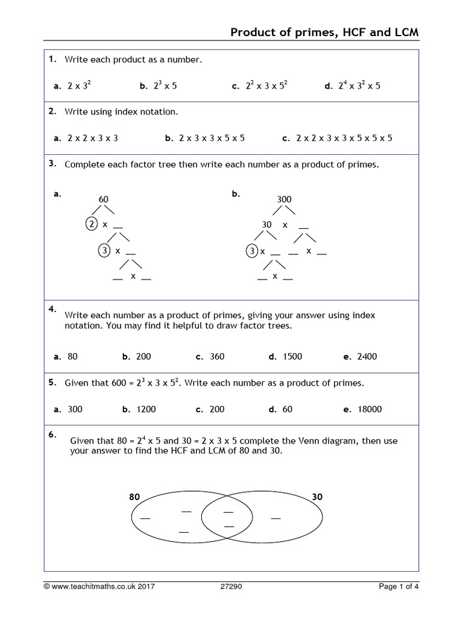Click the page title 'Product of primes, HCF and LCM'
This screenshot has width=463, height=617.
[325, 33]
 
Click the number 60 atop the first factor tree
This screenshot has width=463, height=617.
[103, 199]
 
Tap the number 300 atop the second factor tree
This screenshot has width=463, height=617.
[284, 199]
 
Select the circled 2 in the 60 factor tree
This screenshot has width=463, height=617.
[90, 224]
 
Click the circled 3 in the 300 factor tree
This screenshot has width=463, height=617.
[251, 251]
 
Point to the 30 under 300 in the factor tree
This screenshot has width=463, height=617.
[267, 224]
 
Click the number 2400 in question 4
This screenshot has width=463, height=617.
[367, 356]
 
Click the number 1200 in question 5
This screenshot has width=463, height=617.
[146, 409]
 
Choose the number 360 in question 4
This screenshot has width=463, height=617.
[217, 356]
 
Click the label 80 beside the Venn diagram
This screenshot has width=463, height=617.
[134, 497]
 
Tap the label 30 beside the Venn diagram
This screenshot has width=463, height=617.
[318, 497]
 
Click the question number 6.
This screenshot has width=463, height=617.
[53, 434]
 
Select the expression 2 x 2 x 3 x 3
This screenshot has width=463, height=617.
[93, 138]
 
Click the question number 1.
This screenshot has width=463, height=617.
[53, 58]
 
